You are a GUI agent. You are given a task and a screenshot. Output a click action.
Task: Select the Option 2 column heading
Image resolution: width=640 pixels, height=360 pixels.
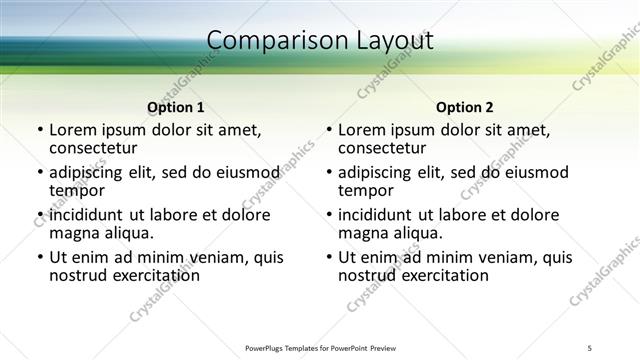464,107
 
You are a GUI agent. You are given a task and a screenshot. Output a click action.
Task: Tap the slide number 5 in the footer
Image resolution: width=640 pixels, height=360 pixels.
590,348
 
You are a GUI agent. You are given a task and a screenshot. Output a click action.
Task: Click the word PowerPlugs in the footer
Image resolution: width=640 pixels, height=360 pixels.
268,348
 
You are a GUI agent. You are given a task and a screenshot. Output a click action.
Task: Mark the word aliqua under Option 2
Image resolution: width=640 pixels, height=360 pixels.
418,233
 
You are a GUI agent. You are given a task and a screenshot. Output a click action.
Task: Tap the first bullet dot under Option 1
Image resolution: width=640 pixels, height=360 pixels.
40,130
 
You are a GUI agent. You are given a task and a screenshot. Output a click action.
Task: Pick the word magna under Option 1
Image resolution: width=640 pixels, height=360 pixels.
74,233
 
